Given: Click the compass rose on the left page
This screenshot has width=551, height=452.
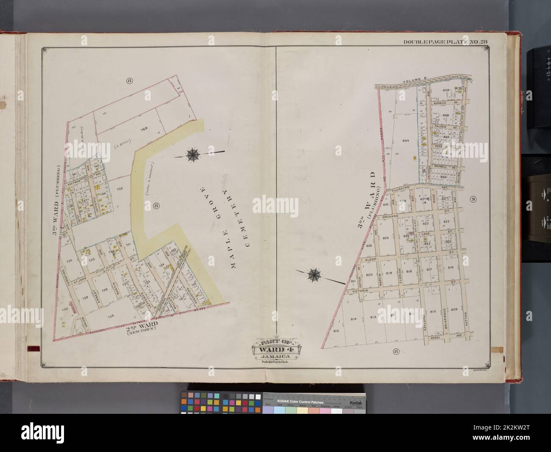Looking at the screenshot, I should (192, 154).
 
